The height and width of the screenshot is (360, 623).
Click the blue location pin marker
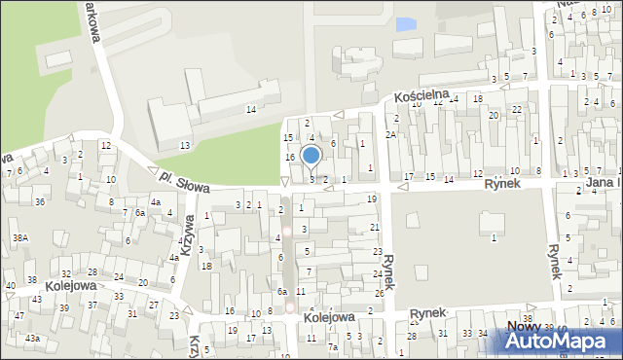click(x=311, y=155)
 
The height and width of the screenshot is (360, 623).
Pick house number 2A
click(x=390, y=134)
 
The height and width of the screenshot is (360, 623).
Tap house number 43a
click(x=32, y=338)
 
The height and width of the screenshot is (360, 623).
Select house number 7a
click(x=332, y=346)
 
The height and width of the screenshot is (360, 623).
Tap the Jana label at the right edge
click(x=604, y=183)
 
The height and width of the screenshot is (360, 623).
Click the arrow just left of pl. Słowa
click(x=153, y=171)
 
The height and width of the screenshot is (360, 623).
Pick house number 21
click(x=375, y=227)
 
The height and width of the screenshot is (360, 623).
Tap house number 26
click(x=379, y=293)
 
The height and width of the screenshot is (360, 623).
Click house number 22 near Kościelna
click(x=517, y=109)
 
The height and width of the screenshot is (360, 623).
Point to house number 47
click(x=18, y=316)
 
